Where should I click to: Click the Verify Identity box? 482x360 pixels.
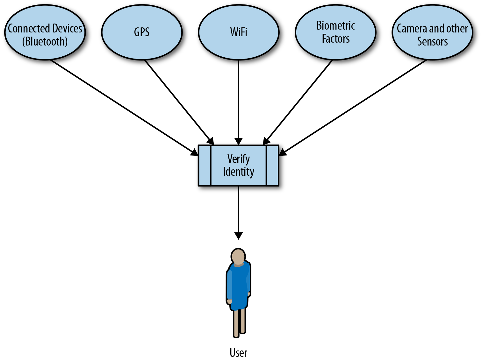click(238, 166)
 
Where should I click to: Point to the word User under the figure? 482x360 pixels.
click(238, 353)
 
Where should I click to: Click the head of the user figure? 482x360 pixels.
click(238, 256)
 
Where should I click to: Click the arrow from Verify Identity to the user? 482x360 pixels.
click(238, 210)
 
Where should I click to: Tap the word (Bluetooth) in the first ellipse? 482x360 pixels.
click(45, 42)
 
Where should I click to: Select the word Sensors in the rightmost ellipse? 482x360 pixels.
click(432, 42)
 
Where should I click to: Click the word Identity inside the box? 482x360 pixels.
click(239, 172)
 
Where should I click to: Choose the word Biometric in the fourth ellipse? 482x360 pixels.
click(335, 26)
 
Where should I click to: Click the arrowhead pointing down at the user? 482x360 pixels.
click(238, 236)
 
